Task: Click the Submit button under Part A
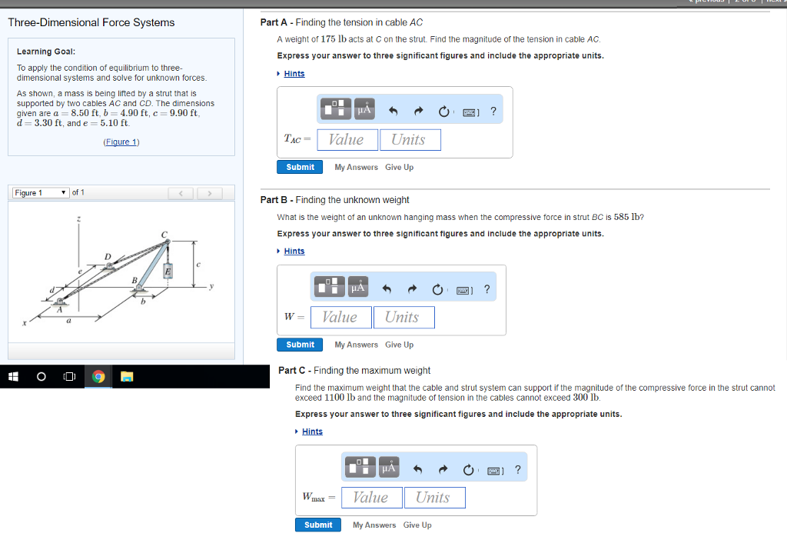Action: (300, 167)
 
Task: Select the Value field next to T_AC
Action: (347, 139)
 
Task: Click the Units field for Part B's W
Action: (403, 317)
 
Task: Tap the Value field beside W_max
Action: (371, 497)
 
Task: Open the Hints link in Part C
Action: (312, 432)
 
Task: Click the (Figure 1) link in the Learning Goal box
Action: (121, 142)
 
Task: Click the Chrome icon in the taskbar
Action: (98, 376)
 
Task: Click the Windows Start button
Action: (12, 376)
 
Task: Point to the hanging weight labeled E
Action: (167, 271)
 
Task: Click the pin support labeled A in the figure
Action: (59, 301)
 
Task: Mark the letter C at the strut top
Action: (164, 233)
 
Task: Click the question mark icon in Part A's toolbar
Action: (493, 111)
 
